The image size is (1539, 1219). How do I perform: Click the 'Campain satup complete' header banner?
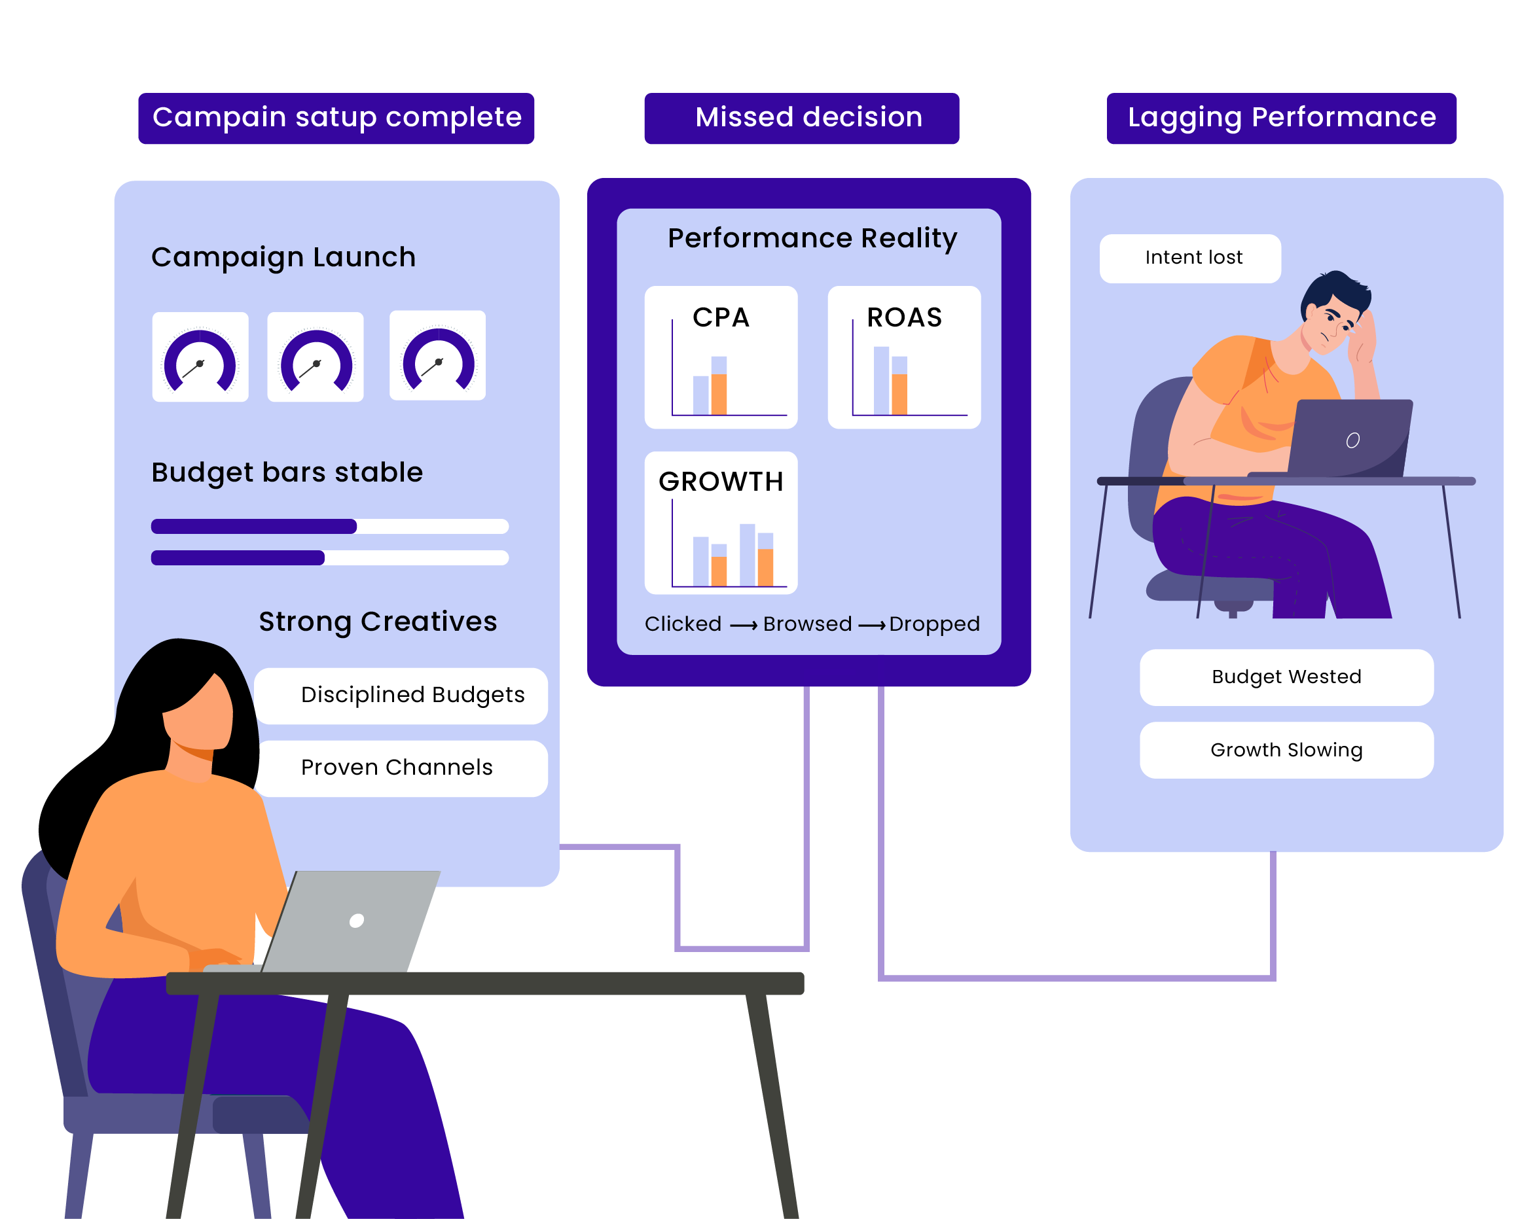click(336, 118)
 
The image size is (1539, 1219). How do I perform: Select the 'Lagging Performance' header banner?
click(1280, 118)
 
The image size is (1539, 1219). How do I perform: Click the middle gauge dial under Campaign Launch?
click(316, 357)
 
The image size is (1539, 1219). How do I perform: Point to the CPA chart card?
click(720, 357)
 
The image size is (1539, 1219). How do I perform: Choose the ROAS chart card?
click(904, 357)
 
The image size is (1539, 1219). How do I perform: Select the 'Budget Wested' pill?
click(1286, 677)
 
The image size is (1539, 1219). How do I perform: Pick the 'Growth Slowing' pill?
click(1286, 750)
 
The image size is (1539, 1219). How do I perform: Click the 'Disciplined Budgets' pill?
click(412, 696)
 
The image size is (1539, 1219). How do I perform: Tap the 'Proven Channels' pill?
click(397, 768)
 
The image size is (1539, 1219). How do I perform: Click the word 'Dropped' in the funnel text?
click(933, 624)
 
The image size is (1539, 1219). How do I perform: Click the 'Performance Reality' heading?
click(812, 238)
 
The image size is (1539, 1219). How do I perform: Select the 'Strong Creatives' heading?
click(378, 622)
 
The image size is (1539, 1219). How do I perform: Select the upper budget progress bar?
click(329, 527)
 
